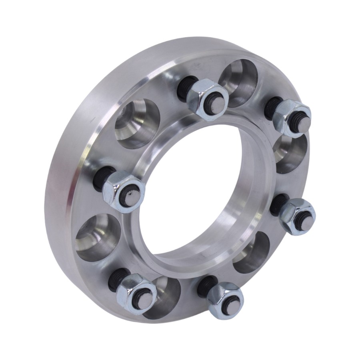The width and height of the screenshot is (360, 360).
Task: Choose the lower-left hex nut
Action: [136, 294]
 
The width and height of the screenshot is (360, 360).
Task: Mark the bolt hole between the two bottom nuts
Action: [164, 298]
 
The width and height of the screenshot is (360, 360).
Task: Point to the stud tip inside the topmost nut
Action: [217, 104]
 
